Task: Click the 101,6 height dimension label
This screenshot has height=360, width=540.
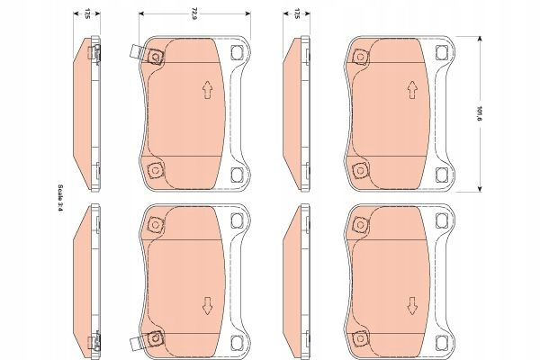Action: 479,112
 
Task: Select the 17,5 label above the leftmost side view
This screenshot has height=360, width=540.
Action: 87,13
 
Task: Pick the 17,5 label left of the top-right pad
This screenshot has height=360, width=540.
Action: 296,13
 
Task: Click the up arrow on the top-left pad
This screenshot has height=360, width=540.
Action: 207,90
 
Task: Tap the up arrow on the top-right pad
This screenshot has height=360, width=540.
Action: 412,90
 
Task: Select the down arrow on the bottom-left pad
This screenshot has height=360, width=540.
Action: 207,306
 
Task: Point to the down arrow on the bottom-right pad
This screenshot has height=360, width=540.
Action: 412,306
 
